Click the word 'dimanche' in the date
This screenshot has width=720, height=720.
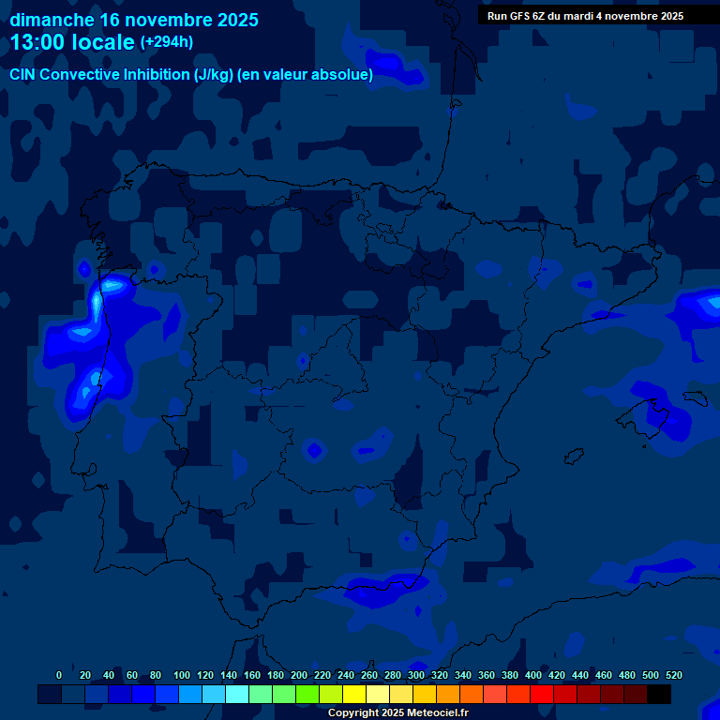51,20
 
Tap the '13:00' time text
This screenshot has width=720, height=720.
38,42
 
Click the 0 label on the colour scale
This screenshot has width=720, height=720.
59,675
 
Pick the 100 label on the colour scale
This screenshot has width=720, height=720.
182,675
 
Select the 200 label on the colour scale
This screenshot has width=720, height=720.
299,675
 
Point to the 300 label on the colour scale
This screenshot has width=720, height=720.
416,675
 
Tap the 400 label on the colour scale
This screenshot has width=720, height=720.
533,675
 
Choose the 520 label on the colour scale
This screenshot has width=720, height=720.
674,675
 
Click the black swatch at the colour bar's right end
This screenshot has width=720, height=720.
659,695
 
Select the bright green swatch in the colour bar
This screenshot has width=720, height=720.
307,695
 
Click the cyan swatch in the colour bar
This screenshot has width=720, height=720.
237,695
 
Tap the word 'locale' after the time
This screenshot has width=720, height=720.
104,42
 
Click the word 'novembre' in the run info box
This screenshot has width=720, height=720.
638,16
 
